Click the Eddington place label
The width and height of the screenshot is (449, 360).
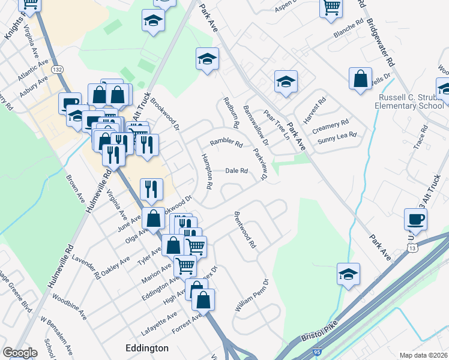click(146, 348)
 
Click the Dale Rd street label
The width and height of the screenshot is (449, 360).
click(237, 171)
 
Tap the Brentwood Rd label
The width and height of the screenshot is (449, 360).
click(246, 230)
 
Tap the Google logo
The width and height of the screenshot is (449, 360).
click(20, 353)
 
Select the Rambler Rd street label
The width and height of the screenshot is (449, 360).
click(226, 143)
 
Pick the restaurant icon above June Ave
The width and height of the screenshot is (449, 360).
click(151, 189)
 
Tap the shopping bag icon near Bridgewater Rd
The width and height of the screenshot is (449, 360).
click(360, 79)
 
